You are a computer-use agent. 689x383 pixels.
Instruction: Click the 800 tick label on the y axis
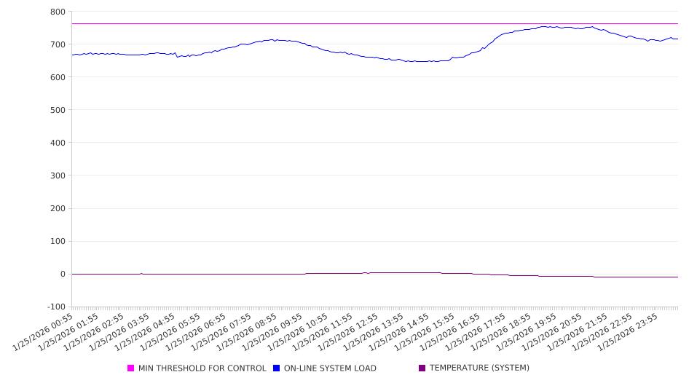[x=58, y=12]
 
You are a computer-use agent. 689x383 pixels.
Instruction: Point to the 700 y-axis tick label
[x=58, y=44]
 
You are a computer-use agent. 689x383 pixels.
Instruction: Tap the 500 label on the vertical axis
[x=58, y=110]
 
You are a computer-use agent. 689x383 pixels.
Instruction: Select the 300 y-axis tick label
[x=58, y=175]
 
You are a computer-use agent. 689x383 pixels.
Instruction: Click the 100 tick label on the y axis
[x=58, y=241]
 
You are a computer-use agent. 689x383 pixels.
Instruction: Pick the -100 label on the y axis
[x=55, y=307]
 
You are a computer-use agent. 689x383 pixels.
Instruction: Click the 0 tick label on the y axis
[x=62, y=274]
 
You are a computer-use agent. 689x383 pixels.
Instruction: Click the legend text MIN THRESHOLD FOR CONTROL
[x=202, y=368]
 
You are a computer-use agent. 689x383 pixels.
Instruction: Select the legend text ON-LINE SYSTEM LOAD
[x=330, y=368]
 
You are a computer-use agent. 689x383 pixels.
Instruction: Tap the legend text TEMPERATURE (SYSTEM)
[x=479, y=368]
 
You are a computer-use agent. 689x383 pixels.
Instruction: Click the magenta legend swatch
[x=131, y=368]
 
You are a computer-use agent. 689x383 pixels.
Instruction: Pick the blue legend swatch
[x=277, y=368]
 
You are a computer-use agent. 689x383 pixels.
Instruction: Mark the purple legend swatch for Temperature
[x=422, y=368]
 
